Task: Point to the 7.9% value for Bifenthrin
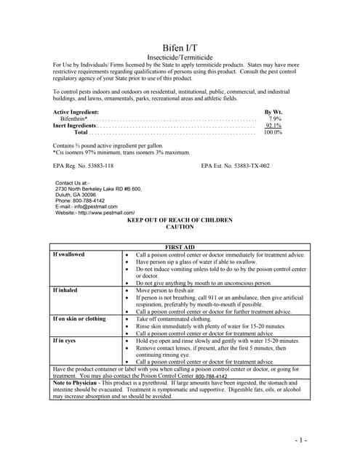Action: point(274,118)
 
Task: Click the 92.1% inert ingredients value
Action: point(273,126)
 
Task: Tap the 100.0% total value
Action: point(273,133)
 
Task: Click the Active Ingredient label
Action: point(76,111)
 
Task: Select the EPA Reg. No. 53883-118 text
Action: point(84,166)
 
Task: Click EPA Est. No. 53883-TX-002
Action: point(235,166)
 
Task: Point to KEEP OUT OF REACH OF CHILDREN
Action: point(180,219)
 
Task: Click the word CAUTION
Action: point(180,227)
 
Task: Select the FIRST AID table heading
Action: point(180,247)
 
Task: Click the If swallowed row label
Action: point(68,255)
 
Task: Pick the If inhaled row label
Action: point(65,290)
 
